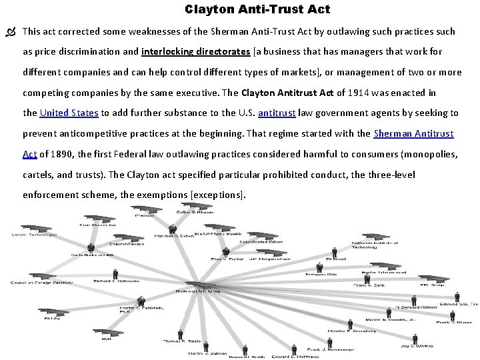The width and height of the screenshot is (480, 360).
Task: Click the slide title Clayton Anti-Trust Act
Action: click(257, 10)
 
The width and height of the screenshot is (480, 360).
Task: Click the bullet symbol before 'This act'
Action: click(11, 31)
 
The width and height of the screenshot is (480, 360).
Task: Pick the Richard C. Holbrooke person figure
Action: click(115, 273)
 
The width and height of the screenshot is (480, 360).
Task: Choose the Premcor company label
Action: click(145, 215)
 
